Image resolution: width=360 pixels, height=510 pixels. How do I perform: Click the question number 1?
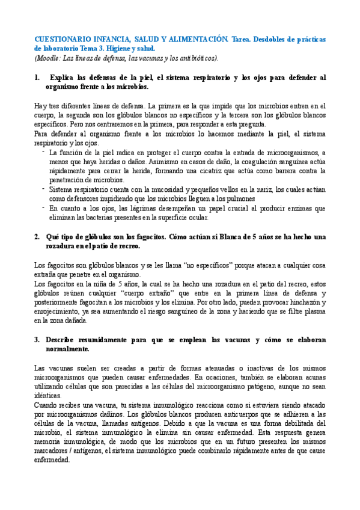[37, 78]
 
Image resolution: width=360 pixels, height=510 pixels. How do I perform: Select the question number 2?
[37, 220]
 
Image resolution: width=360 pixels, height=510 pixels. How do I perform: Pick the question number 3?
[37, 339]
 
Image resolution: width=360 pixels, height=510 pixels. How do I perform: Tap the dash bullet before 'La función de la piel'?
[43, 152]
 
